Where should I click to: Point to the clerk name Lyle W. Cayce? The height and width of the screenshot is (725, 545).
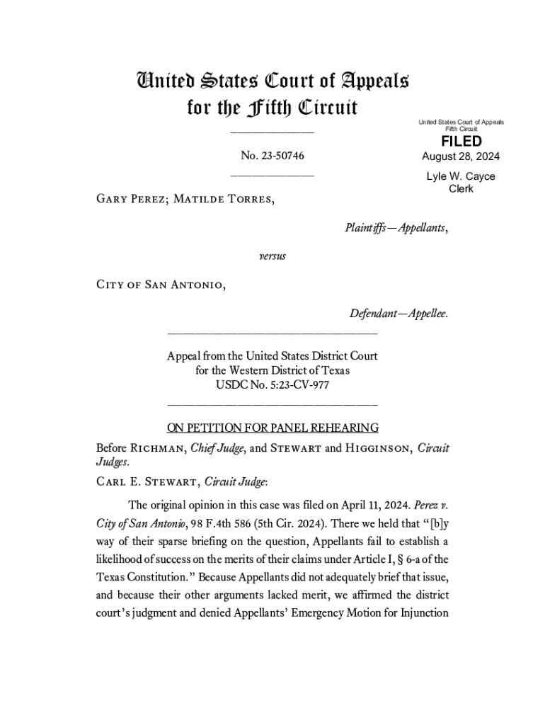pyautogui.click(x=461, y=176)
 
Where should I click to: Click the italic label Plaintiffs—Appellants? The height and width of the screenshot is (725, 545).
pyautogui.click(x=396, y=228)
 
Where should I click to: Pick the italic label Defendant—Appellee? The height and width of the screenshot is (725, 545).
pyautogui.click(x=398, y=313)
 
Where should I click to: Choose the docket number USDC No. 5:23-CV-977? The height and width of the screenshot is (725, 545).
pyautogui.click(x=272, y=385)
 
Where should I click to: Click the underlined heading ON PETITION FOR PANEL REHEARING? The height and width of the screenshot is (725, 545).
pyautogui.click(x=272, y=428)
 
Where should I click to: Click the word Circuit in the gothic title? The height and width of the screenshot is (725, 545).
pyautogui.click(x=326, y=108)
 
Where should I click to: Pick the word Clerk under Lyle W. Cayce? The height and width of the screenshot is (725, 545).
pyautogui.click(x=461, y=189)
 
